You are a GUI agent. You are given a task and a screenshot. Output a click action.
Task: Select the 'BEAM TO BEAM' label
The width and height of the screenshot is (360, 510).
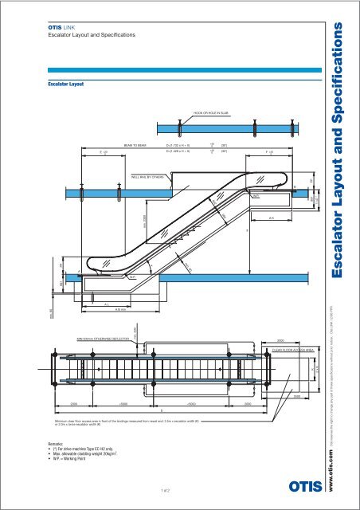tap(135, 146)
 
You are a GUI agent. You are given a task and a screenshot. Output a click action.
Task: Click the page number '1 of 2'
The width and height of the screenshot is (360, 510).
tap(164, 490)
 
